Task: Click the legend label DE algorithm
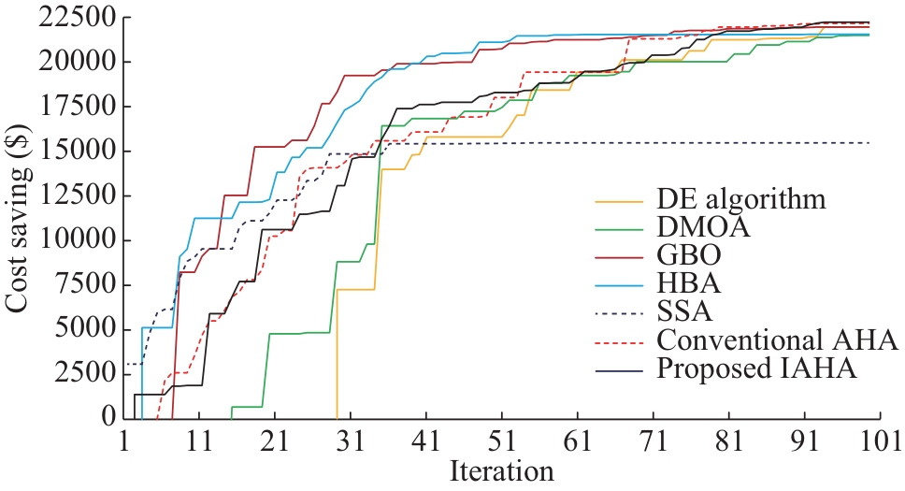(741, 199)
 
